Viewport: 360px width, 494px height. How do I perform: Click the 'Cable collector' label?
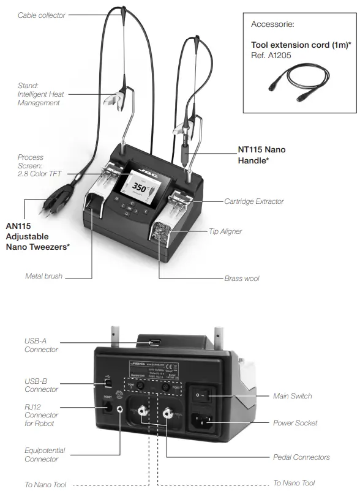click(41, 15)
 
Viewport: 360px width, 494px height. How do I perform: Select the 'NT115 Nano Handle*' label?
click(261, 155)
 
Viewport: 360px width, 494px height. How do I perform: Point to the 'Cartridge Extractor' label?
click(253, 201)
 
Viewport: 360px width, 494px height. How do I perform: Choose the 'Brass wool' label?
click(242, 279)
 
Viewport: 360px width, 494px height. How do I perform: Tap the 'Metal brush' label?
click(43, 276)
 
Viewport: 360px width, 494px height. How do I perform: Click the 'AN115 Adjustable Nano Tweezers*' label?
click(37, 236)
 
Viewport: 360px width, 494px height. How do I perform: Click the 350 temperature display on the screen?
click(140, 187)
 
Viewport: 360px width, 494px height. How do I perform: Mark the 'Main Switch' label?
click(292, 396)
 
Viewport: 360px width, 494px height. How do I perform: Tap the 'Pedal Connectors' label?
click(301, 457)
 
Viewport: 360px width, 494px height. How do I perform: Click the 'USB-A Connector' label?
click(41, 345)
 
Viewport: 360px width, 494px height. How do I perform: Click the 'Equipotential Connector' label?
click(45, 455)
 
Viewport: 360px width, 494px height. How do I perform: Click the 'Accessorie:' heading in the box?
click(272, 24)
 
